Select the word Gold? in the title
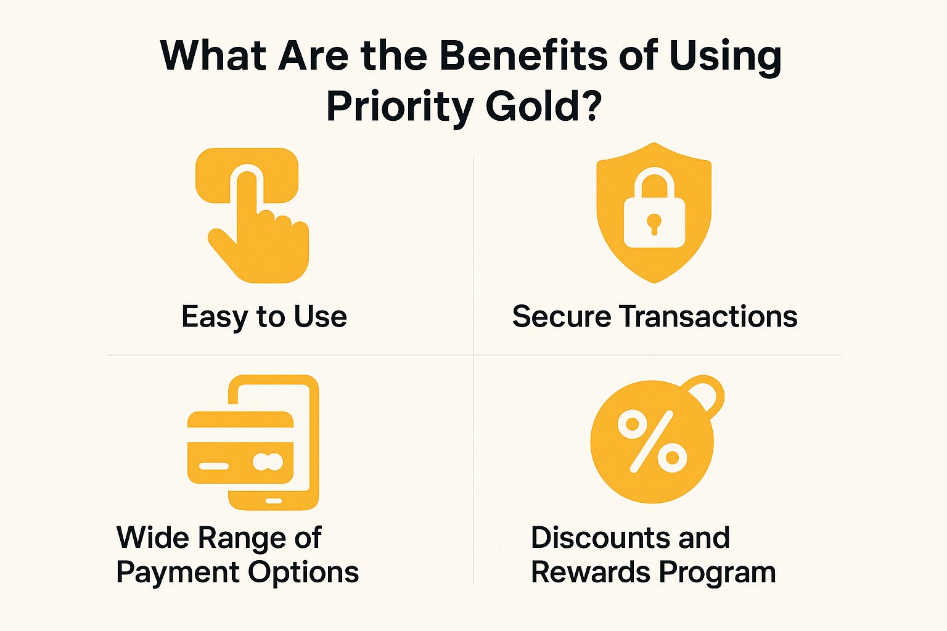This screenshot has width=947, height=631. [543, 106]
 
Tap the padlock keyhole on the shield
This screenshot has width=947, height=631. [654, 222]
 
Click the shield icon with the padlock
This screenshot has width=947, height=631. [654, 185]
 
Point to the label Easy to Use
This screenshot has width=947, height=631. [264, 317]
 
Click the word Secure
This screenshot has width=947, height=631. [562, 317]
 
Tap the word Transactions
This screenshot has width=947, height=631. [708, 317]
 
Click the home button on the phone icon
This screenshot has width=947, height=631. [274, 501]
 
